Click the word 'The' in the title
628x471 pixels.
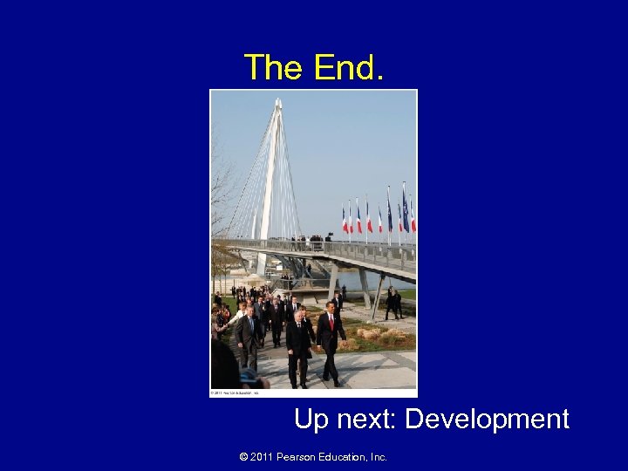pyautogui.click(x=272, y=67)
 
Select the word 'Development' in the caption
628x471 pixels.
pyautogui.click(x=488, y=420)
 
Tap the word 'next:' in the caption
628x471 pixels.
pyautogui.click(x=365, y=420)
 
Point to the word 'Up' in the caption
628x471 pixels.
pyautogui.click(x=311, y=420)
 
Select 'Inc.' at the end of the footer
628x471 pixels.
pyautogui.click(x=378, y=456)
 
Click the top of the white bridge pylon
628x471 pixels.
pyautogui.click(x=277, y=105)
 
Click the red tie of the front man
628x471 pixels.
pyautogui.click(x=331, y=324)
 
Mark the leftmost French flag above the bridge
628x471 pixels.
pyautogui.click(x=345, y=220)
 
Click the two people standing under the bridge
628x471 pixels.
pyautogui.click(x=392, y=302)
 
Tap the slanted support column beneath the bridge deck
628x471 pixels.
pyautogui.click(x=377, y=297)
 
